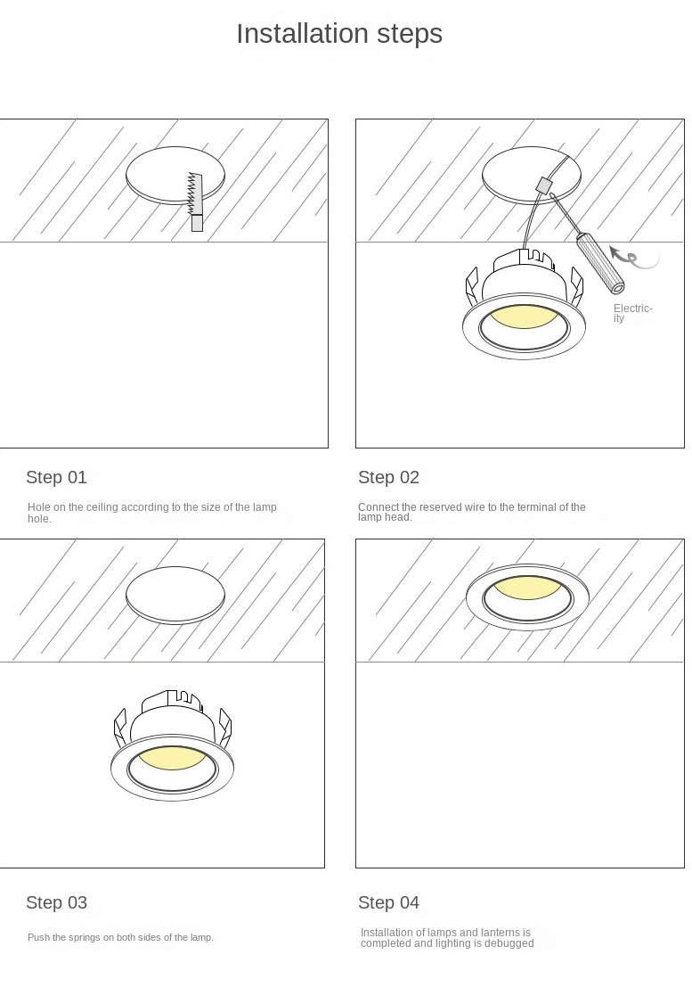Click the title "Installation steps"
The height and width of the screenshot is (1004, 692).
coord(339,34)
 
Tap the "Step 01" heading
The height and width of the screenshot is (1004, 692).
coord(56,477)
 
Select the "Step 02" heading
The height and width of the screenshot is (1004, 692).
coord(388,477)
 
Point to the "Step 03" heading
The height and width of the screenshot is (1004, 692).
coord(56,902)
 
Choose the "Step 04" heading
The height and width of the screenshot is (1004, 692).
coord(388,902)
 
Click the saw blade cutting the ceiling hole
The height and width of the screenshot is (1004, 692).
coord(194,193)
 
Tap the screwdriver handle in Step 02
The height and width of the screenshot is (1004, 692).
coord(600,263)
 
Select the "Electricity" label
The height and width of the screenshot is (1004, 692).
coord(631,313)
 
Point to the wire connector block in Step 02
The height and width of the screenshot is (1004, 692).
coord(543,185)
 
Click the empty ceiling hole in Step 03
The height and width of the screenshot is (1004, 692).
coord(175,595)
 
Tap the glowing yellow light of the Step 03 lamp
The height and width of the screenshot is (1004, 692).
coord(171,757)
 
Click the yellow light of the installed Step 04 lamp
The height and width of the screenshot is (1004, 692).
coord(527,588)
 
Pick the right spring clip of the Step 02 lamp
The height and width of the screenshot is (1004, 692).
coord(576,286)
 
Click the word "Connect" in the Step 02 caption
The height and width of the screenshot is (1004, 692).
coord(378,507)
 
